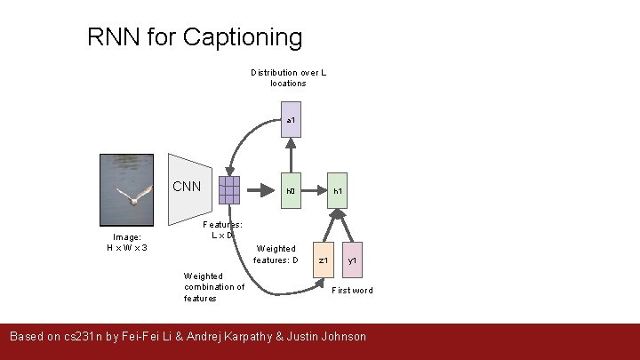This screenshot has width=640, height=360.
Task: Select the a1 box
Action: click(291, 120)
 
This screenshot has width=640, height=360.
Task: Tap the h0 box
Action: click(291, 190)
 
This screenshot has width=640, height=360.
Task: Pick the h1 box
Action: click(337, 190)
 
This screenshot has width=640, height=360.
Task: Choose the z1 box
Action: click(324, 259)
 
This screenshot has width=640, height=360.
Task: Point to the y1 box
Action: click(352, 259)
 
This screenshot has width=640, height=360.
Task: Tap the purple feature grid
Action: click(228, 189)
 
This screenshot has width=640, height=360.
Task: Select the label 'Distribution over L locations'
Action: click(288, 77)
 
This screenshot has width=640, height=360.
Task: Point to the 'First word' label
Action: click(352, 291)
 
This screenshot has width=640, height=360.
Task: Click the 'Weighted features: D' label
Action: click(276, 254)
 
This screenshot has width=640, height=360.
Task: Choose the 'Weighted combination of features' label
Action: click(214, 287)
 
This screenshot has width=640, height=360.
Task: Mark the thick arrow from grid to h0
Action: click(260, 189)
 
